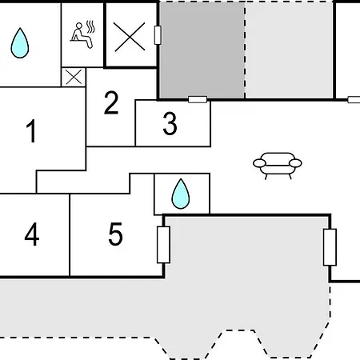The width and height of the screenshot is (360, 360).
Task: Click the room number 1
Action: coord(31,130)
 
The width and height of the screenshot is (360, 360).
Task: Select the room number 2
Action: coord(111,102)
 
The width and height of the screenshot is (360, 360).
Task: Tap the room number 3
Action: coord(170,123)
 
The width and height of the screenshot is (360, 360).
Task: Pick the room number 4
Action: coord(32,234)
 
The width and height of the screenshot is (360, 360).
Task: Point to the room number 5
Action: coord(116,234)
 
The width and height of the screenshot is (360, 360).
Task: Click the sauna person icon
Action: coord(82,34)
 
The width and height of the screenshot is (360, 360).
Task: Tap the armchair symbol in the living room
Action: coord(278,166)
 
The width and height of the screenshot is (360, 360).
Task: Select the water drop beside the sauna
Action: coord(20,43)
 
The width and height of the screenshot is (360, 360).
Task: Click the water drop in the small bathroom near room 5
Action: coord(181,194)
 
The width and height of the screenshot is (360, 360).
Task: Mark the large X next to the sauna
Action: coord(130,37)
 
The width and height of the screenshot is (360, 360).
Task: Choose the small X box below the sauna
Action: coord(74,77)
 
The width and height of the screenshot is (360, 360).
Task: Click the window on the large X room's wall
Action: coord(158,35)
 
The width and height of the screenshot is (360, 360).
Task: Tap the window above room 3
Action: coord(198,99)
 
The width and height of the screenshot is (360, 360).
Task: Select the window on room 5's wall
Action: coord(163,245)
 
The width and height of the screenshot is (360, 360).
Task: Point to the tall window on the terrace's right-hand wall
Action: coord(330,247)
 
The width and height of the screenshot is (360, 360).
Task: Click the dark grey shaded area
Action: coord(202,50)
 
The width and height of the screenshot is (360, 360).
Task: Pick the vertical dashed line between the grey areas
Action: coord(245,50)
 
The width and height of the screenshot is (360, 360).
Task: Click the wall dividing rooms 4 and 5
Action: coord(70,235)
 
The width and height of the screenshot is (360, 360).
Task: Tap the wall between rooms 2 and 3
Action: coord(135,123)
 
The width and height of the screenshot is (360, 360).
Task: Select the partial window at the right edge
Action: coord(354,100)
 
